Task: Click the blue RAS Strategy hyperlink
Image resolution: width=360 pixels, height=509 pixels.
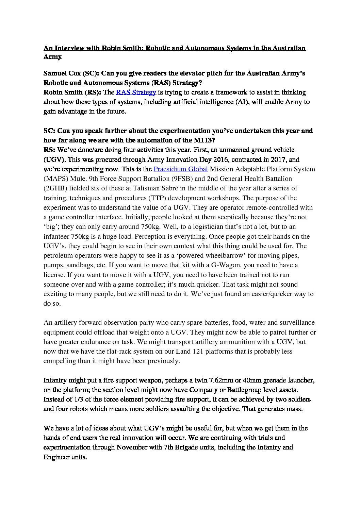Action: click(x=136, y=92)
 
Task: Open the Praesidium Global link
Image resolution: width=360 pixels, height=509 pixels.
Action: click(x=180, y=169)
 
